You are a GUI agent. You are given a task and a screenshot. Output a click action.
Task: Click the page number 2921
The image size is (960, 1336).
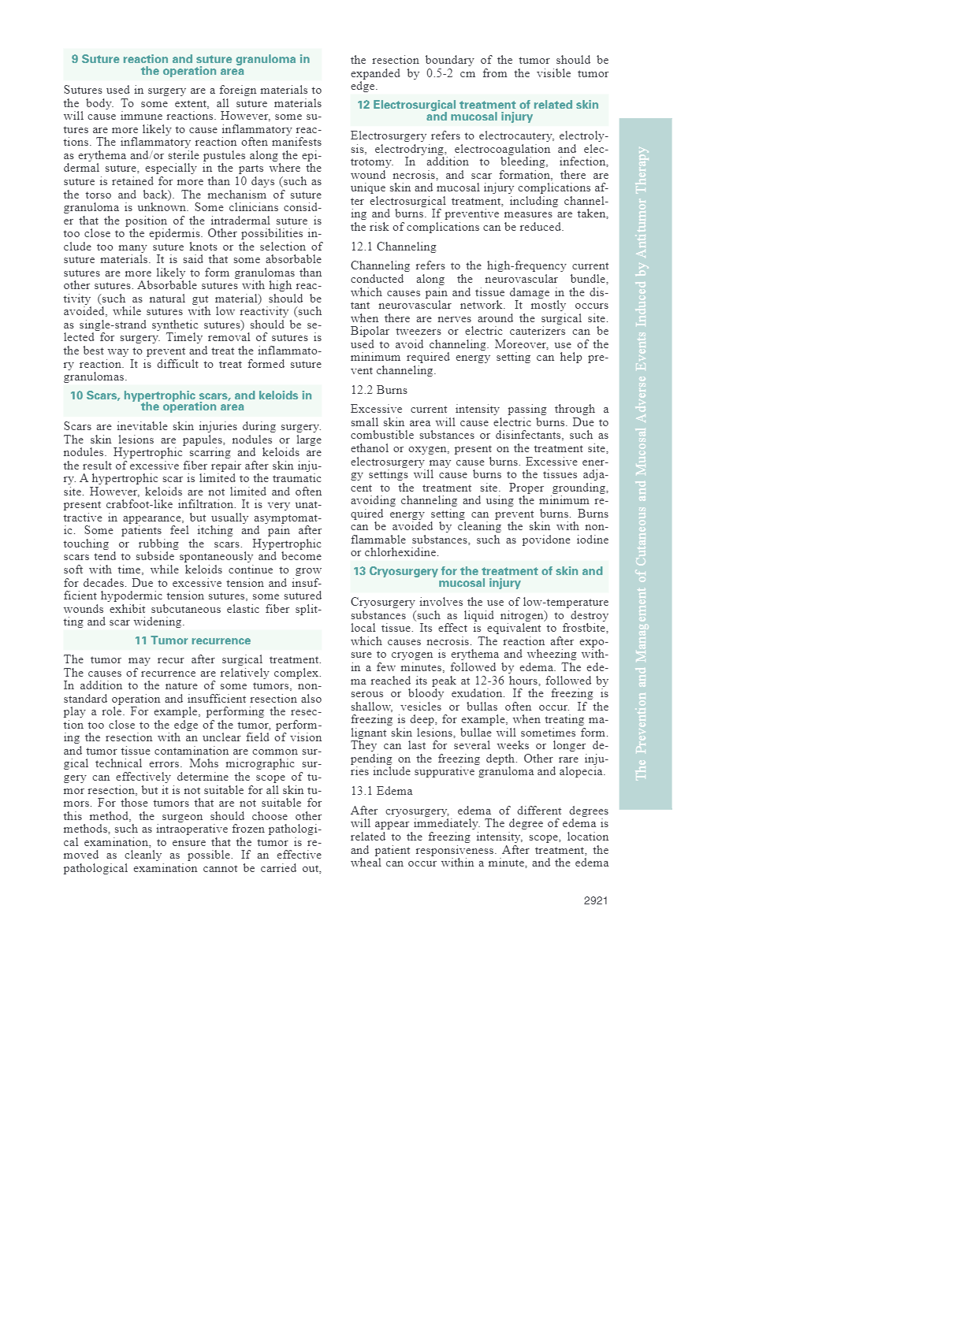[x=595, y=900]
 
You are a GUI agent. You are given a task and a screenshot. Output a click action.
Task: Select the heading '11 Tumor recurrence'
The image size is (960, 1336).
[x=192, y=640]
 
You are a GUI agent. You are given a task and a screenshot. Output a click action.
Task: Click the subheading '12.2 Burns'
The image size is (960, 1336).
[x=379, y=390]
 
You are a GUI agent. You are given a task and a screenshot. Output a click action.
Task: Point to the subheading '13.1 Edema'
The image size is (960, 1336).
[x=381, y=791]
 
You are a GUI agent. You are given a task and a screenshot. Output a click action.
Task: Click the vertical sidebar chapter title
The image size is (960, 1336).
[x=642, y=463]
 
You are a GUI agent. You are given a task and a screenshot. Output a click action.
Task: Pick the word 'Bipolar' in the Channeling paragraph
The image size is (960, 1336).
[x=370, y=331]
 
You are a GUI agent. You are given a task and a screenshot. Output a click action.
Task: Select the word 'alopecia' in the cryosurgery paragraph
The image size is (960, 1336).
[x=579, y=771]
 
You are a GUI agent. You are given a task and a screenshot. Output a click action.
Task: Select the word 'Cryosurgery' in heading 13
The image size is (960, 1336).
[x=402, y=571]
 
